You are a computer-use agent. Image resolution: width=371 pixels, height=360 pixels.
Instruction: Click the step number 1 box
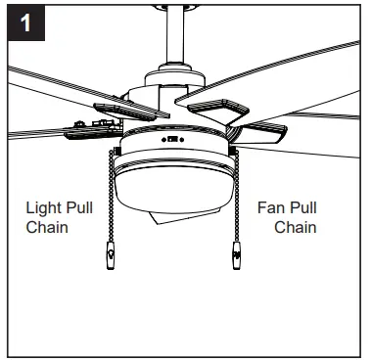click(x=23, y=22)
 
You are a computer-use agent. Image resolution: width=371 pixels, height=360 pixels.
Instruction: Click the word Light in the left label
click(x=42, y=208)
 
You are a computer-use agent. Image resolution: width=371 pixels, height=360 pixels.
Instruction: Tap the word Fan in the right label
click(x=273, y=208)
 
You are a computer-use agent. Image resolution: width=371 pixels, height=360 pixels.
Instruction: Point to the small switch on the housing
click(x=173, y=140)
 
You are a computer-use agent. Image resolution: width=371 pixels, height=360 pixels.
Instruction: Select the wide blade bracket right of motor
click(x=220, y=105)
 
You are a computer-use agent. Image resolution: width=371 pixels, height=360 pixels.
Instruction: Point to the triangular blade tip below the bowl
click(x=166, y=221)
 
